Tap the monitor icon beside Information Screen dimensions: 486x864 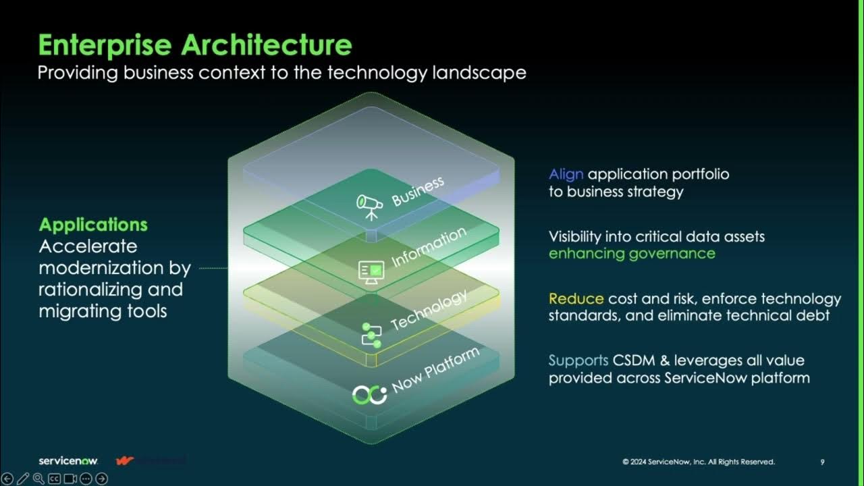click(x=371, y=271)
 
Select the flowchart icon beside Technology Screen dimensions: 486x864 click(x=371, y=334)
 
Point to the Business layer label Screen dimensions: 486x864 click(x=418, y=191)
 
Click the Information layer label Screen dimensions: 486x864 click(x=429, y=247)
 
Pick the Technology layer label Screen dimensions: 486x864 click(x=429, y=310)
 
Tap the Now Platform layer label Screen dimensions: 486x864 click(x=436, y=370)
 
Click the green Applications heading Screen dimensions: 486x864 click(x=93, y=225)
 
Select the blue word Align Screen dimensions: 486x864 click(x=566, y=174)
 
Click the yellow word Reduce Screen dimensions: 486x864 click(x=576, y=298)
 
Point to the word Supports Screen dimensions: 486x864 click(x=578, y=360)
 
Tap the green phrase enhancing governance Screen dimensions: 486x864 click(x=632, y=254)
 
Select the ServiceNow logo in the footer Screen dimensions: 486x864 click(x=68, y=461)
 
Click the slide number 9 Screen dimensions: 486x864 click(x=822, y=462)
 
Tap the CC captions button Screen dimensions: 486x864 click(x=55, y=479)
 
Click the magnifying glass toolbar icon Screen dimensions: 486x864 click(x=38, y=479)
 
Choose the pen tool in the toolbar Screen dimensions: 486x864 click(x=23, y=479)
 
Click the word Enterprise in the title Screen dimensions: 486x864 click(x=105, y=45)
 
